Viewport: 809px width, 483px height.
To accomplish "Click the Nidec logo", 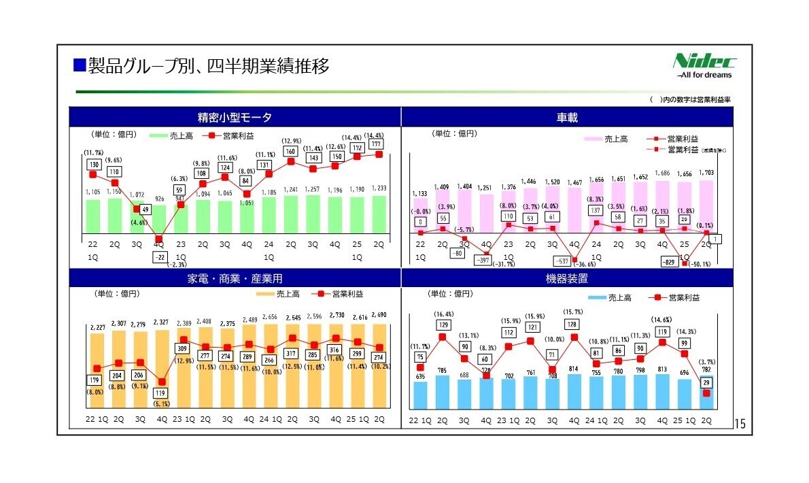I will [704, 65].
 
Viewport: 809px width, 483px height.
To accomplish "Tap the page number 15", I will [740, 425].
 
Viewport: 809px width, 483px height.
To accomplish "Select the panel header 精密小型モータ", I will [235, 118].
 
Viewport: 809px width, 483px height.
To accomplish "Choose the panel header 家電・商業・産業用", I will [235, 278].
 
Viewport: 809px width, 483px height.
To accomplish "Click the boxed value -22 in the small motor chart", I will [159, 256].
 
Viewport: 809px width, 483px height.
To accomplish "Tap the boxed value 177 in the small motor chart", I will [376, 144].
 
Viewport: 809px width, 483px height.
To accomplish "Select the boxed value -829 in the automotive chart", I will [670, 261].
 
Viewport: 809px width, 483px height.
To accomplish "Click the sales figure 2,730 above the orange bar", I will [336, 316].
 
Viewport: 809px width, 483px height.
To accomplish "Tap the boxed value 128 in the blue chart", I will [572, 324].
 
